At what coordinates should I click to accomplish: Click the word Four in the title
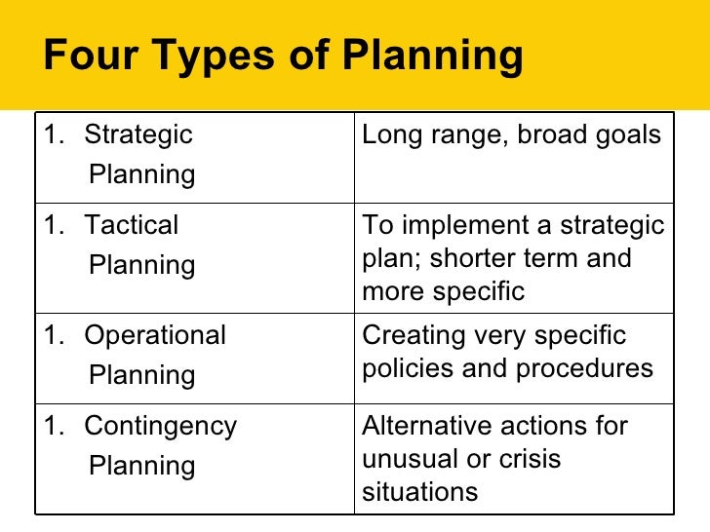point(87,57)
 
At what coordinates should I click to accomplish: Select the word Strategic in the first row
point(138,135)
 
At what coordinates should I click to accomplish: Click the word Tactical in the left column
point(131,226)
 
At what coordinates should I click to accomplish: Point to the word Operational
point(154,336)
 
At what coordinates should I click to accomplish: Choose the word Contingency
point(160,427)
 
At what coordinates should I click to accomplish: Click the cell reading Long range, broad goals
point(511,135)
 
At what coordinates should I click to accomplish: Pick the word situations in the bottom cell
point(420,492)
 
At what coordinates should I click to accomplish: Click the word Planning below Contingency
point(141,467)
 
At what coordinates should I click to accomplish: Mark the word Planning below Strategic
point(141,175)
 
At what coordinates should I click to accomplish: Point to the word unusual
point(403,459)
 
